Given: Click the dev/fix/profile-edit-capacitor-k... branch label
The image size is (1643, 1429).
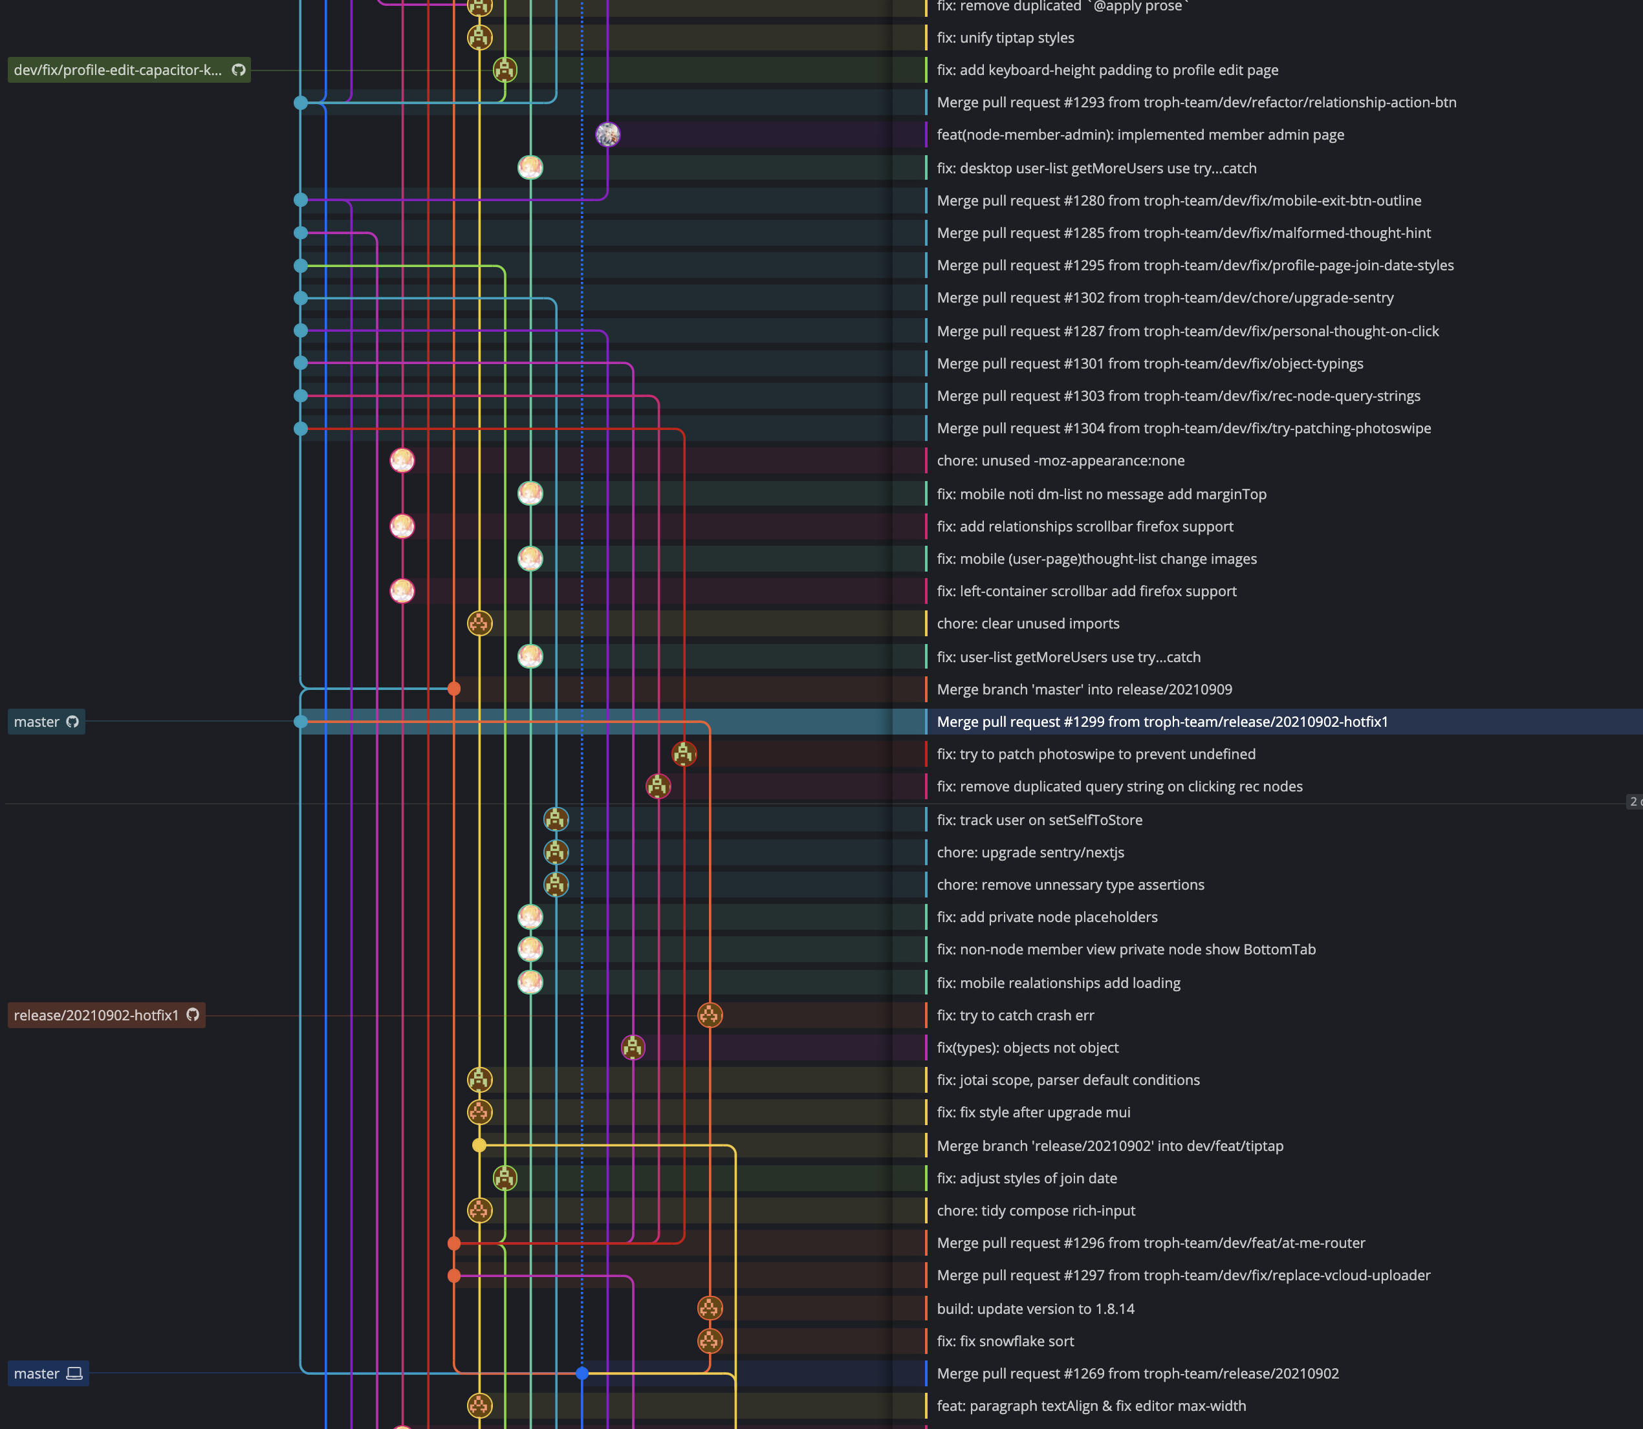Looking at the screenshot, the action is [x=129, y=70].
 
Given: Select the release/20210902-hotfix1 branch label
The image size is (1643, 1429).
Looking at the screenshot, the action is [x=106, y=1015].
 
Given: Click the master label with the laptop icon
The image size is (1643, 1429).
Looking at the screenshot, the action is [x=48, y=1373].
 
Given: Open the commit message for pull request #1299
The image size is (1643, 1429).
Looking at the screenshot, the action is [x=1162, y=722].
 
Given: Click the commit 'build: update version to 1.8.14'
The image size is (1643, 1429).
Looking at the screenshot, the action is [x=1035, y=1309].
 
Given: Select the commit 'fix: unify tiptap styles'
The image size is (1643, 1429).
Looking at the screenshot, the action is [x=1005, y=38].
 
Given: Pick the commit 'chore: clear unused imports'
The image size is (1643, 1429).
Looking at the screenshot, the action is [x=1028, y=623].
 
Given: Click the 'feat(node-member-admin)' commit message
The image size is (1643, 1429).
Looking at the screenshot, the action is [x=1140, y=134].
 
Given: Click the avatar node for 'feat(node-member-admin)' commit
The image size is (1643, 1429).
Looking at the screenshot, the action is [x=608, y=134].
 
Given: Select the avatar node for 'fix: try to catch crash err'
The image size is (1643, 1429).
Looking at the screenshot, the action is [x=710, y=1015].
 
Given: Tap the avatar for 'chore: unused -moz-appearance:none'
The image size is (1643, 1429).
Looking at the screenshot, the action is [x=402, y=460].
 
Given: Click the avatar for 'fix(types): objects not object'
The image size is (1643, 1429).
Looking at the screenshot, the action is [x=633, y=1048].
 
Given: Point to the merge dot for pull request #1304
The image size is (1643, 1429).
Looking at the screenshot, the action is [x=301, y=428].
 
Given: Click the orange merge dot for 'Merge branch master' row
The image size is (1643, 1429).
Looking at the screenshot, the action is [x=454, y=689].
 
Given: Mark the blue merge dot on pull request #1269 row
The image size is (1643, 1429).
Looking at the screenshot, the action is [x=582, y=1373].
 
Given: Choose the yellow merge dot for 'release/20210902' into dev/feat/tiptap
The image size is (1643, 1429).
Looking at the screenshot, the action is [x=479, y=1146].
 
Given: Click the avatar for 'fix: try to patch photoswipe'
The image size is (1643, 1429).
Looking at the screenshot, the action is [x=684, y=753].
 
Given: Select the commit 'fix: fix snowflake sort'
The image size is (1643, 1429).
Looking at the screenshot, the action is [x=1005, y=1341].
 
